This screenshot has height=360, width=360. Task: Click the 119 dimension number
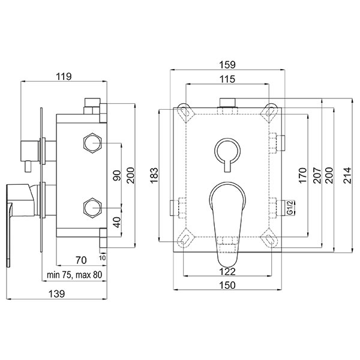point(64,76)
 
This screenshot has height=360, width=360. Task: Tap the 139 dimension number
point(57,294)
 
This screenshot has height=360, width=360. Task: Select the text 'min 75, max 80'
point(74,275)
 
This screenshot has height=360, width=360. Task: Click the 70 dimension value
point(81,260)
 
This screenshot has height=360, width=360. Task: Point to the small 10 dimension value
point(103,258)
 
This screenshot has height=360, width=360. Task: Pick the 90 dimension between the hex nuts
point(117,175)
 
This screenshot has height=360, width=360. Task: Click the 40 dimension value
point(117,222)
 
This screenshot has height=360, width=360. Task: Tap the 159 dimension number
point(227,65)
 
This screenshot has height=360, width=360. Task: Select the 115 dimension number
point(227,79)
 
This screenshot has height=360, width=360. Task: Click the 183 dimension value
point(154,176)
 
